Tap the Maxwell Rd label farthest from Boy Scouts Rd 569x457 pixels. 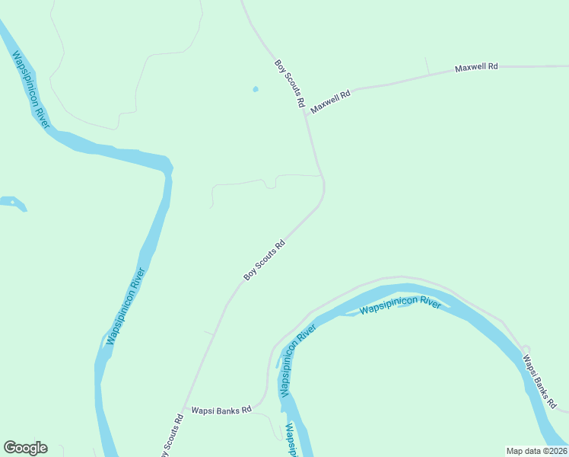point(476,68)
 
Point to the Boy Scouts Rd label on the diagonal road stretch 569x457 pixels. point(264,260)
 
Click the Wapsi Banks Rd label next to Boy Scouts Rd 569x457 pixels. point(221,410)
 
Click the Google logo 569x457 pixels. point(25,448)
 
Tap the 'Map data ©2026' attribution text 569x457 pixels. point(536,451)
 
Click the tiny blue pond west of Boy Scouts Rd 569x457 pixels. point(255,89)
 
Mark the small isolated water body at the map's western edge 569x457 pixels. point(12,203)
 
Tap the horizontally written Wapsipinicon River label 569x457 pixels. point(400,306)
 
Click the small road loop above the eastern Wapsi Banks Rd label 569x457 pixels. point(525,349)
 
